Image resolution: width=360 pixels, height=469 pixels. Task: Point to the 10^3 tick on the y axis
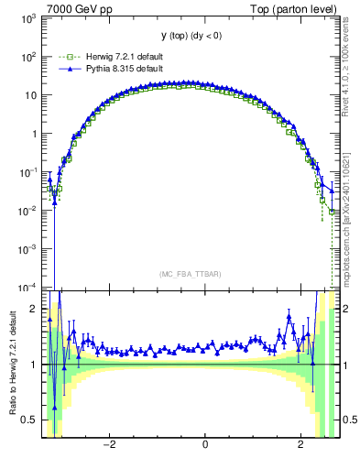tap(27, 17)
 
